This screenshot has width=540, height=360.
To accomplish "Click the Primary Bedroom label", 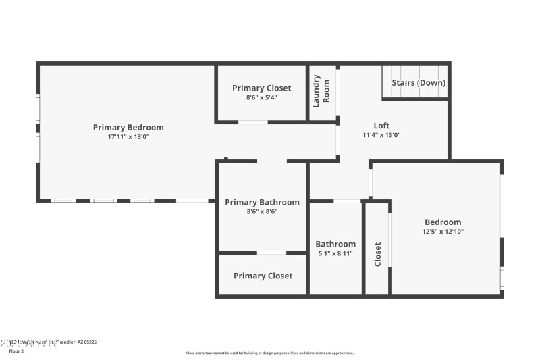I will tap(128, 127).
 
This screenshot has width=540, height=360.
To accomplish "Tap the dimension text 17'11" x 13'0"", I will tap(128, 136).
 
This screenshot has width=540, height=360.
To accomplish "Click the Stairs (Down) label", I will tap(418, 83).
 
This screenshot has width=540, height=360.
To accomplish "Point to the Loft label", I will tap(381, 126).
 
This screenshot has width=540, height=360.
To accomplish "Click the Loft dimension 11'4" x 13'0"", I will tap(381, 135).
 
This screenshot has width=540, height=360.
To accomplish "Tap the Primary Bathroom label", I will tap(262, 202).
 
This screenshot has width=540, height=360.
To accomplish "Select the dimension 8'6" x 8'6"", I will tap(262, 211).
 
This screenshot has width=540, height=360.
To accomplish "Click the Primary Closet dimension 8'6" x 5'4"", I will tap(262, 97).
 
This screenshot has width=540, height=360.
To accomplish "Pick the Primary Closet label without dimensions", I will tap(263, 276).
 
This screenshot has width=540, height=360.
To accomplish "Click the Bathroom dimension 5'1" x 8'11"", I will tap(335, 253).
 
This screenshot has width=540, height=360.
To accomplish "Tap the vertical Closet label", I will tap(377, 254).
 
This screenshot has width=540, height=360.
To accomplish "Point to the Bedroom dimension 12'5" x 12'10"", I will tap(443, 232).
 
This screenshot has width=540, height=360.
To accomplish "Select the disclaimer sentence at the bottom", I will tap(269, 353).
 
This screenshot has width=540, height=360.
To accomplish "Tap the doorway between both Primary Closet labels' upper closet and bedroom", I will tap(253, 122).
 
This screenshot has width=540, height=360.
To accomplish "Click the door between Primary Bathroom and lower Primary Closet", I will tap(271, 253).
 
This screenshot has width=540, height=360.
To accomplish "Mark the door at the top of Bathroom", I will tap(347, 201).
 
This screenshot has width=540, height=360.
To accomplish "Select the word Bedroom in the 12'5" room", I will tap(443, 222).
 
